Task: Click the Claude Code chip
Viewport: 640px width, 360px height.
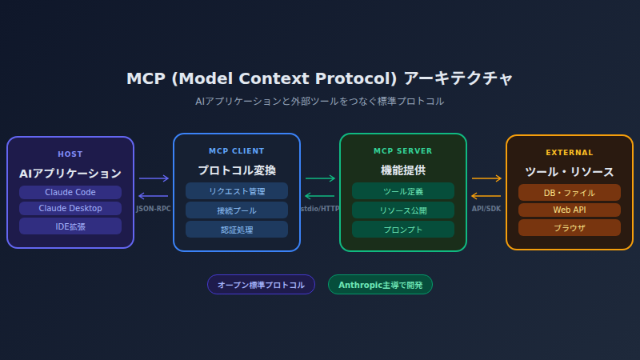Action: coord(70,192)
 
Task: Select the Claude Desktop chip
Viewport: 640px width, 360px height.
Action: coord(70,208)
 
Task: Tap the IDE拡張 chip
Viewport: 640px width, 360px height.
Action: coord(70,226)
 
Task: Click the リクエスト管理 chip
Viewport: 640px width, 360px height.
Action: coord(237,190)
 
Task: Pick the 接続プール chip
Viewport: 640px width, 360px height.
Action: coord(237,210)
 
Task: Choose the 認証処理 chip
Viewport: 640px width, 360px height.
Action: coord(237,229)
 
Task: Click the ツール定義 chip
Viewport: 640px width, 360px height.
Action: coord(403,190)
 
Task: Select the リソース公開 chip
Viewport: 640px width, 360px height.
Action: coord(403,210)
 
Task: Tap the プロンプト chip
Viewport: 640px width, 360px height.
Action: coord(403,229)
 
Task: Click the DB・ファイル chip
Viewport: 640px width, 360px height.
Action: coord(570,192)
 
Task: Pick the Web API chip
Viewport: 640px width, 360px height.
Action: coord(570,210)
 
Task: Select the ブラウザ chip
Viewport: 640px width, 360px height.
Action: coord(570,227)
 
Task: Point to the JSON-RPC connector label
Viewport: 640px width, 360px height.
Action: coord(154,209)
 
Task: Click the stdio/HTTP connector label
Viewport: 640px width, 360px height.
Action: coord(320,209)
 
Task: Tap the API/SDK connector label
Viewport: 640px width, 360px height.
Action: coord(486,209)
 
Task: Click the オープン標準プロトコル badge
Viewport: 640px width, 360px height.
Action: coord(261,285)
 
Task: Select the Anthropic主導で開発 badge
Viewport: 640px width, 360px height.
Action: coord(380,285)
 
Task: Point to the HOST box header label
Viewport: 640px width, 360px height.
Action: coord(70,154)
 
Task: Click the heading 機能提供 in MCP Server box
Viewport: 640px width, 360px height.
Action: coord(403,170)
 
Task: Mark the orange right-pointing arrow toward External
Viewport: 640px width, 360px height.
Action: coord(486,178)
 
